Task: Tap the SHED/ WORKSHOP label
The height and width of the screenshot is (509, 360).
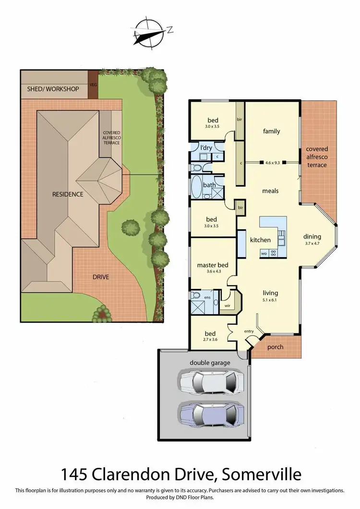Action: coord(53,89)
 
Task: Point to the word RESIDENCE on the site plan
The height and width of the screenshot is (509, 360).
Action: coord(68,194)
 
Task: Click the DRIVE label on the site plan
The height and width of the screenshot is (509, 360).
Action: coord(101,277)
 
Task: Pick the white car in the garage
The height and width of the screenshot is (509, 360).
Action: coord(210,382)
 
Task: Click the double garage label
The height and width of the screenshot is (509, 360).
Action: coord(210,362)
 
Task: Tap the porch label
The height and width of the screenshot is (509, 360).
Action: coord(275,347)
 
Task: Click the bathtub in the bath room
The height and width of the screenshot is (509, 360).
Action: coord(197,187)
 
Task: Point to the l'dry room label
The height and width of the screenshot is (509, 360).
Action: coord(207,147)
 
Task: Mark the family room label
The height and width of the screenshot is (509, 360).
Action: coord(271,131)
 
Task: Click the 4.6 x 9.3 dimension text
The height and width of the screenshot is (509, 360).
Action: coord(272,162)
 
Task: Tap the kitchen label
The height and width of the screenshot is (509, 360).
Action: coord(261,240)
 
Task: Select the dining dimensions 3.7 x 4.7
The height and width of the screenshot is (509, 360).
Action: coord(312,244)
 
